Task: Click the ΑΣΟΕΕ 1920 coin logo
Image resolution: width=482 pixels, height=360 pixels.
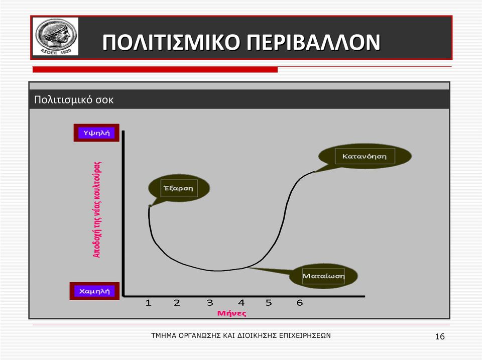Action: pos(56,36)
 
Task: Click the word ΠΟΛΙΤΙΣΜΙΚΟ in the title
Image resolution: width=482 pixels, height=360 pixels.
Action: pos(171,42)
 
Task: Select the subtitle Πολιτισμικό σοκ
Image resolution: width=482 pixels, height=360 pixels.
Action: pos(74,99)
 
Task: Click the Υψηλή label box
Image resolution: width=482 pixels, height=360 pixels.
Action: pos(96,133)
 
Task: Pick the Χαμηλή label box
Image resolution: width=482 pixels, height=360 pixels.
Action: pos(95,291)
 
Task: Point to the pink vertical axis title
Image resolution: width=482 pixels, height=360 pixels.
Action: pos(97,209)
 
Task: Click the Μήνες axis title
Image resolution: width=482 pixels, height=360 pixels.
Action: pos(232,313)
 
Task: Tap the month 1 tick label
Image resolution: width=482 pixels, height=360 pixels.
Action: pos(148,303)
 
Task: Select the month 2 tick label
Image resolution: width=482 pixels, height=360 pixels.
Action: pos(177,303)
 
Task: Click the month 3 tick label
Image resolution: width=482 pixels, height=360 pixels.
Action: pos(210,303)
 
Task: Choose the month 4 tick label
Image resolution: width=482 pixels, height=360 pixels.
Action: pos(242,303)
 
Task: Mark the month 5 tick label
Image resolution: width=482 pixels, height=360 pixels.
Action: pos(269,303)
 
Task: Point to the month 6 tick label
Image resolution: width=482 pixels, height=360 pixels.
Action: pos(300,303)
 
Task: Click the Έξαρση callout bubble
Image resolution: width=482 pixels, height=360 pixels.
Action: pos(179,188)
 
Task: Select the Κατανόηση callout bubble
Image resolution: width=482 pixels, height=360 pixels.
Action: pos(365,156)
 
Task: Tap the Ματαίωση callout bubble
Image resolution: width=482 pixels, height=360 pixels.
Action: pos(323,276)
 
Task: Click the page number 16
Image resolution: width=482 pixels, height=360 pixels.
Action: pos(440,336)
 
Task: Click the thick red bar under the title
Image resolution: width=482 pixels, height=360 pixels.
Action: pos(155,69)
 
